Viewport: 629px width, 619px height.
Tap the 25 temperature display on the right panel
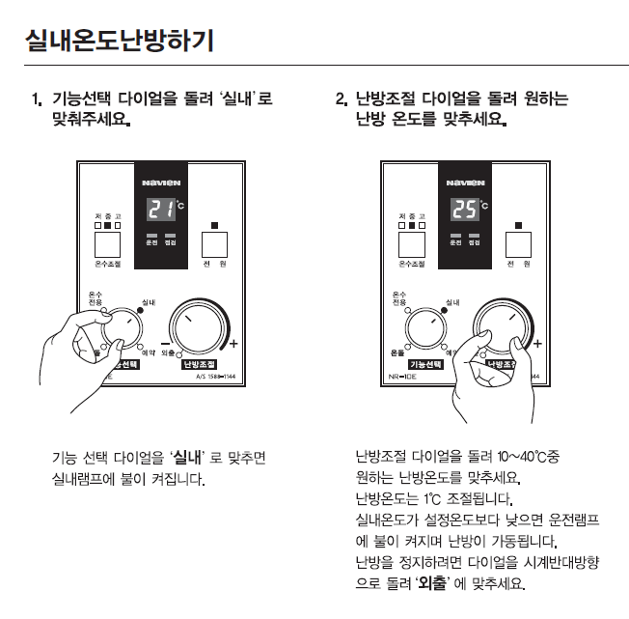click(x=464, y=208)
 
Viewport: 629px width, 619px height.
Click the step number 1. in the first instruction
click(x=37, y=99)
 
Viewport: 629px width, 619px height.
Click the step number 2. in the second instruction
click(x=341, y=99)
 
